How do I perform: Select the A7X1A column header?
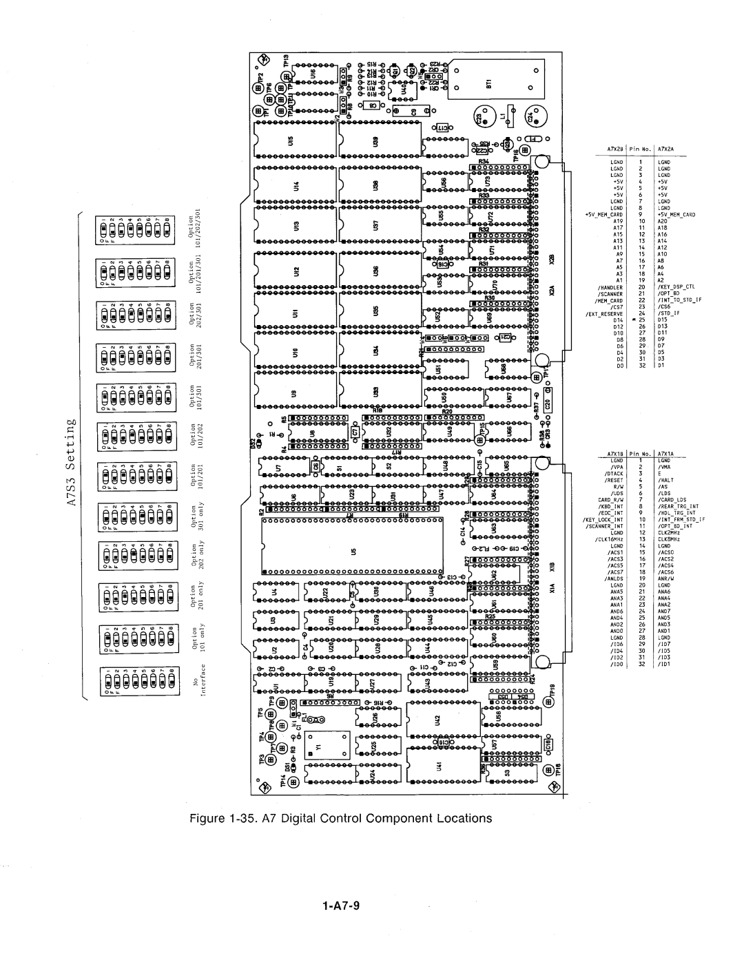coord(665,454)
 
